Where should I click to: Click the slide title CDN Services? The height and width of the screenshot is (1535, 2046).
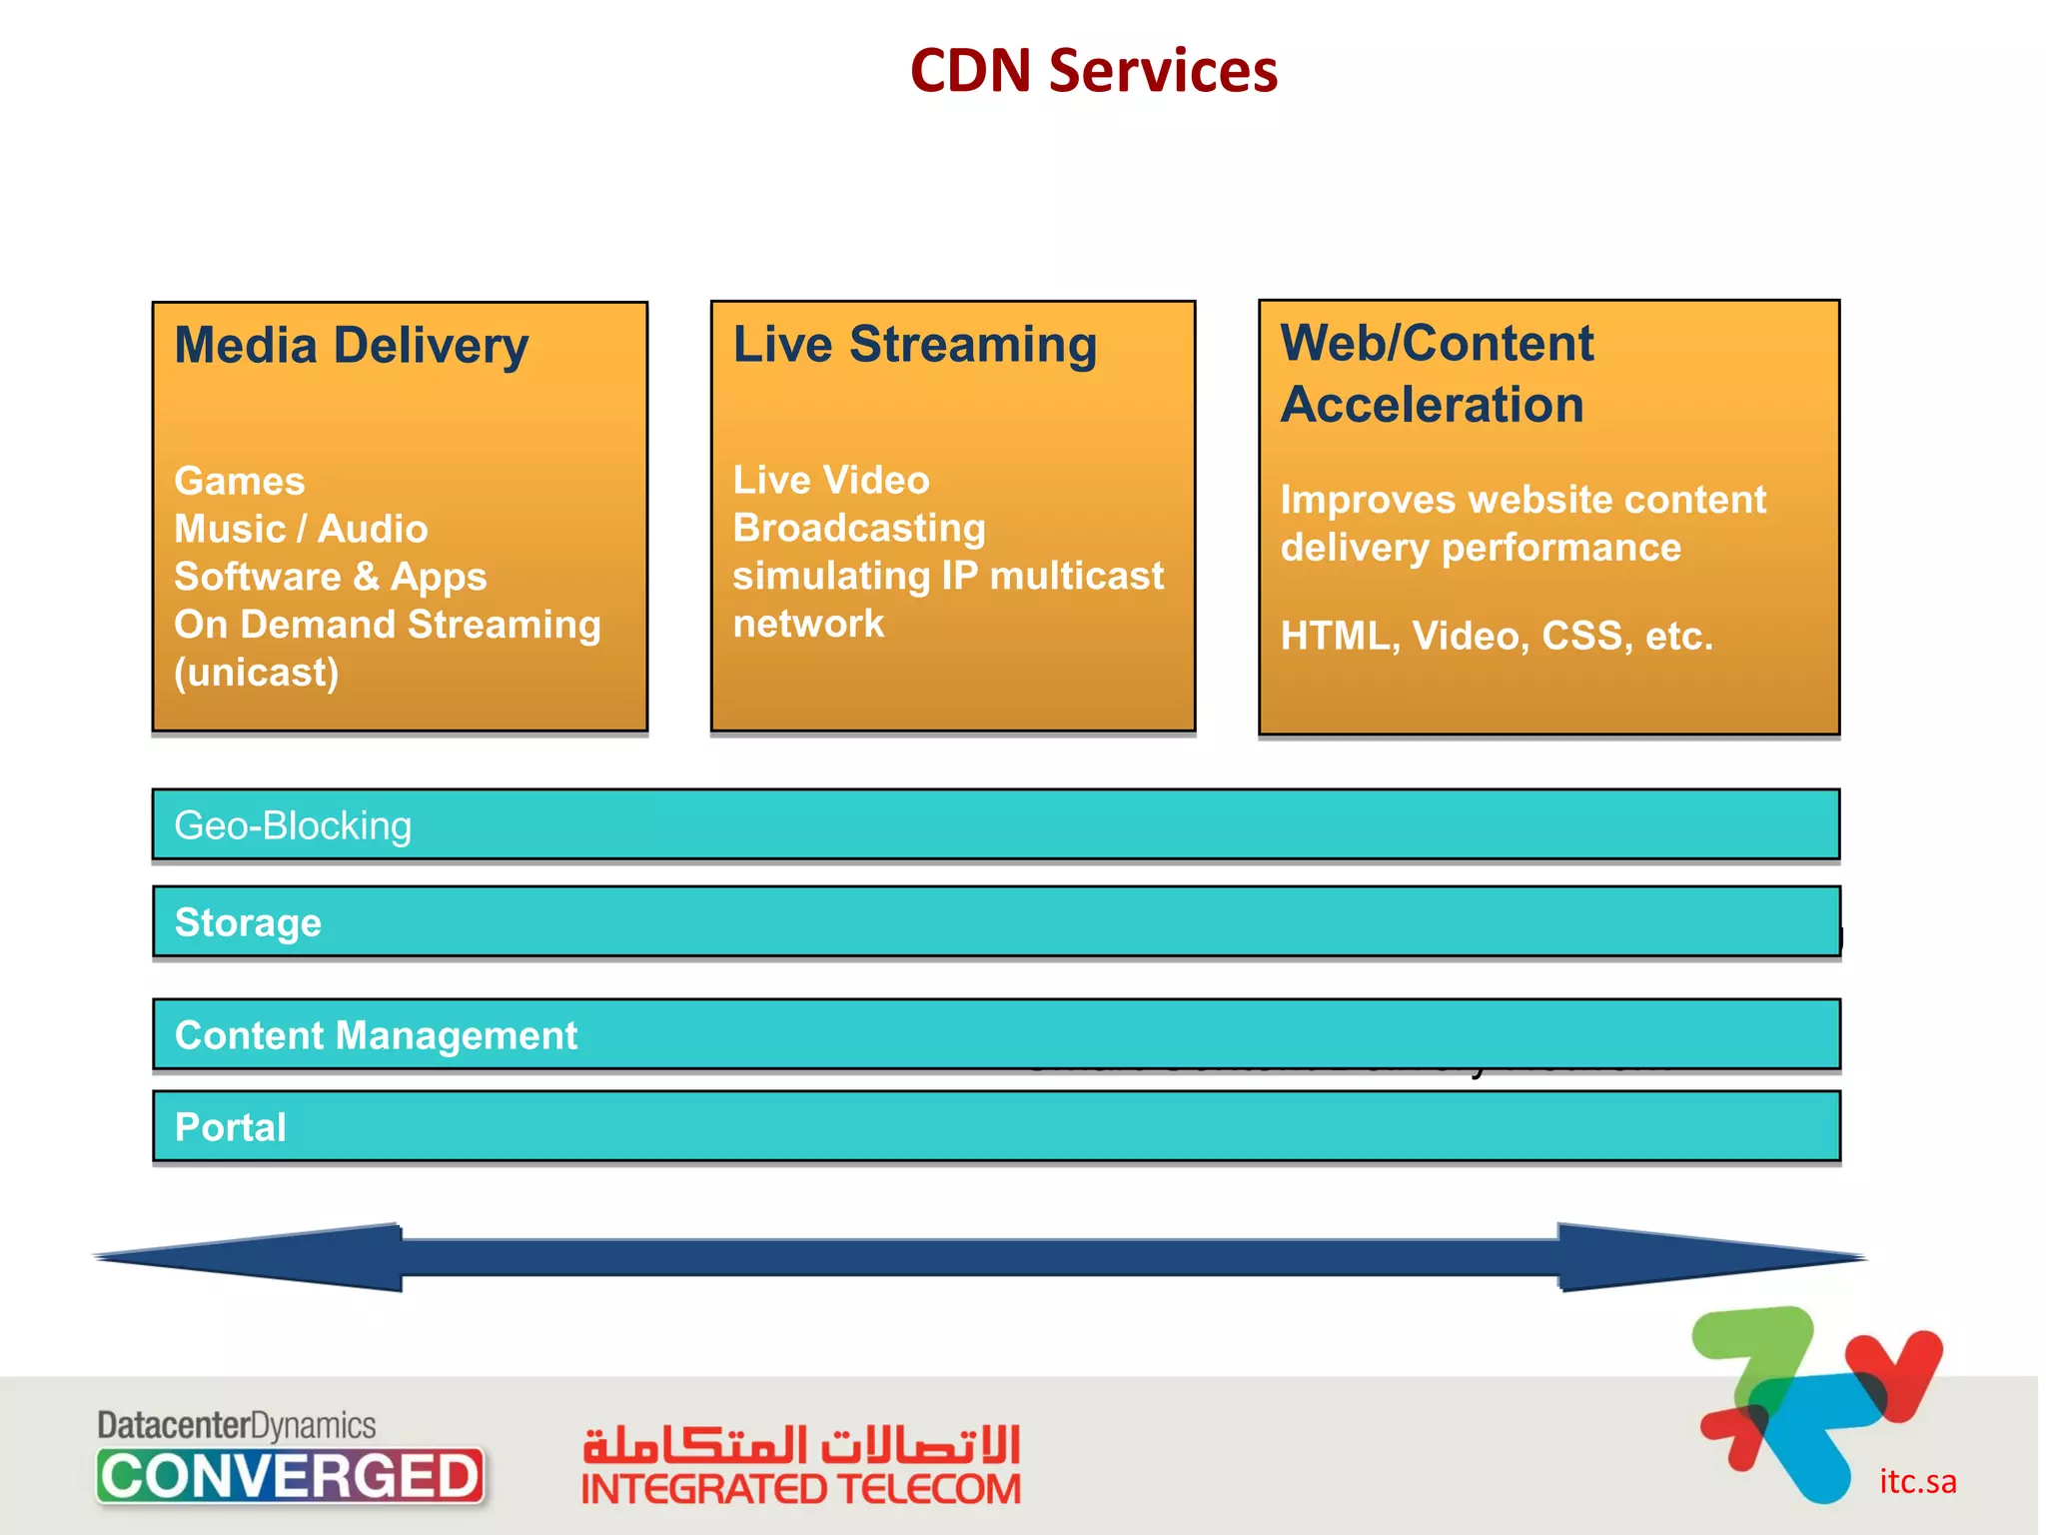1093,72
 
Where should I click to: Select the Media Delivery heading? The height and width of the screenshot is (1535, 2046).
351,346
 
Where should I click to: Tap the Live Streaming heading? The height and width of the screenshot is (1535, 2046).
914,345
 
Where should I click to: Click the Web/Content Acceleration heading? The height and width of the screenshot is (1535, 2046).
1436,374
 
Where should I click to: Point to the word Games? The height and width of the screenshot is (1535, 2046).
239,482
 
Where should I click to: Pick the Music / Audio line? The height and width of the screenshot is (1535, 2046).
301,530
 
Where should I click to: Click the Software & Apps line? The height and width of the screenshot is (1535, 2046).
330,577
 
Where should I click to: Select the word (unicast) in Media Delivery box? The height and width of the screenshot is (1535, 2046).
256,673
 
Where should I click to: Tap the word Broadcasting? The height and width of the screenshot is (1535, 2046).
859,528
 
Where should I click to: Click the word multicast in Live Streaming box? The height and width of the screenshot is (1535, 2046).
1076,576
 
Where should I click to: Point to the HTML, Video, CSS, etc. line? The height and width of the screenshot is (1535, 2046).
1496,636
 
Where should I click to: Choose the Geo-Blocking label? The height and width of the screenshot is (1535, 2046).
293,826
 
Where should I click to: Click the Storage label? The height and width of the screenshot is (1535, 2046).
248,922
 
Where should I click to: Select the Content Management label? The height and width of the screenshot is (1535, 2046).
376,1035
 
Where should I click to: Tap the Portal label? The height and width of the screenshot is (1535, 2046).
230,1127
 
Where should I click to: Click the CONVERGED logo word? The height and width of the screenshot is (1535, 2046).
290,1476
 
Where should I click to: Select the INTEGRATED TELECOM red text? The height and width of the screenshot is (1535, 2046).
800,1490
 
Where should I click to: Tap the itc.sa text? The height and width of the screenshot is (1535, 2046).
1917,1481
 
